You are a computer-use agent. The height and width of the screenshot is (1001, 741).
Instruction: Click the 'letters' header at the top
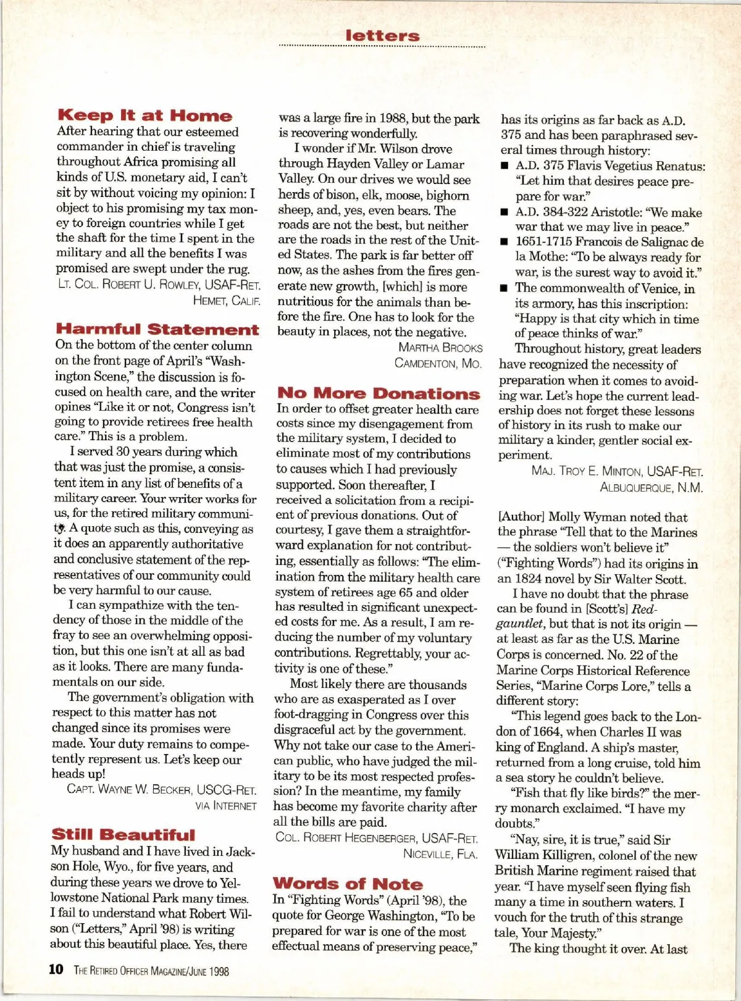[x=383, y=36]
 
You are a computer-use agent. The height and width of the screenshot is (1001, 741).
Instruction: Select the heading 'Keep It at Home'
[x=145, y=115]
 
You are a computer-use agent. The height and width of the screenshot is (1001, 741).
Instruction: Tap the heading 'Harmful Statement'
[x=157, y=329]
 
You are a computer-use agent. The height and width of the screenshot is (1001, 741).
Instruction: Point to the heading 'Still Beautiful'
[x=123, y=835]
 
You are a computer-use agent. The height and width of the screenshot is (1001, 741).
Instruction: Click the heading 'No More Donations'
[x=379, y=393]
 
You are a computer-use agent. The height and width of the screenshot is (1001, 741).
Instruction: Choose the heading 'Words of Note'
[x=348, y=884]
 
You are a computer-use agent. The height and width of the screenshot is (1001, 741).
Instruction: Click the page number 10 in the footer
[x=56, y=970]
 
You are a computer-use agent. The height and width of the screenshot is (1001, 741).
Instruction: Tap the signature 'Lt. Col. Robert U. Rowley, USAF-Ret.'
[x=159, y=285]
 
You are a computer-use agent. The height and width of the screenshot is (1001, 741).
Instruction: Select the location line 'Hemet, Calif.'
[x=227, y=301]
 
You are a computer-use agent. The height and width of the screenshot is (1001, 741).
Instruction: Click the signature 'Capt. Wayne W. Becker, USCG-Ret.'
[x=162, y=790]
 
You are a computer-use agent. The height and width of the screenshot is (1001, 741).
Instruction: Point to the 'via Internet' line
[x=226, y=806]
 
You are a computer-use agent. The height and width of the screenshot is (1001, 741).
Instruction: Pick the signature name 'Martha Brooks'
[x=440, y=348]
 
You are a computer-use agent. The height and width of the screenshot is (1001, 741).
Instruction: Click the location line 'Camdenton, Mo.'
[x=438, y=363]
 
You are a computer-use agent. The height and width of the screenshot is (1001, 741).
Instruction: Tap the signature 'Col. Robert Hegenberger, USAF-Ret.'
[x=377, y=838]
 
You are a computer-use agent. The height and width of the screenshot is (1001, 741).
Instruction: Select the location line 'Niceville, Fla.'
[x=440, y=854]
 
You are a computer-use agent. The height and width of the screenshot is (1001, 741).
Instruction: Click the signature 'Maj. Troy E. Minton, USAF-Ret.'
[x=617, y=471]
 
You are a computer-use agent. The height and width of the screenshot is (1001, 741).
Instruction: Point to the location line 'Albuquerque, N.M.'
[x=651, y=487]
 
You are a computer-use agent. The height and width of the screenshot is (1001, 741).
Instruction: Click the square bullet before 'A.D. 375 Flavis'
[x=504, y=167]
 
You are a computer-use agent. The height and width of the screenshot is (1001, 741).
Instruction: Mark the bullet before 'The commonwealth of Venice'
[x=504, y=288]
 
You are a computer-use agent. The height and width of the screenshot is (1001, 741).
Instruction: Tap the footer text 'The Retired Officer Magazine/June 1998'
[x=151, y=971]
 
